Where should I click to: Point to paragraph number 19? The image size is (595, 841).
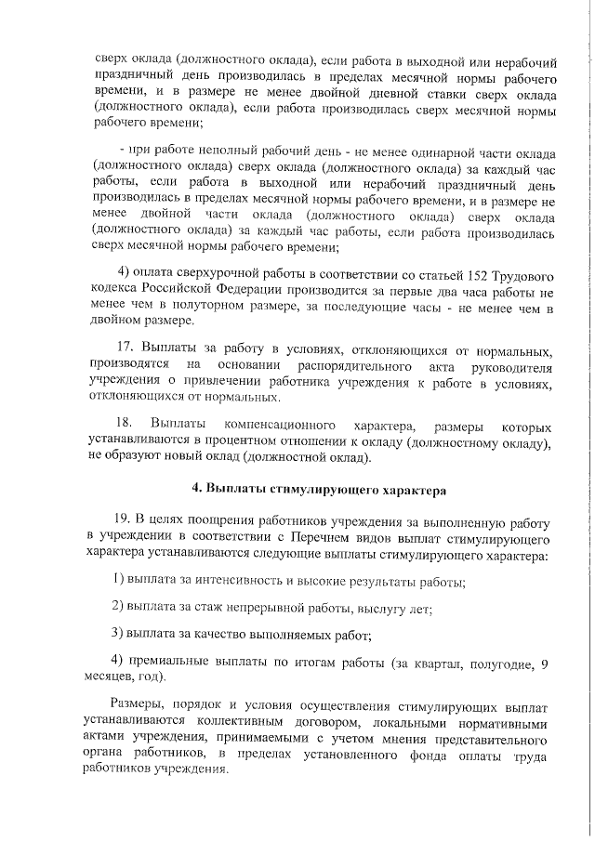click(122, 517)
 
